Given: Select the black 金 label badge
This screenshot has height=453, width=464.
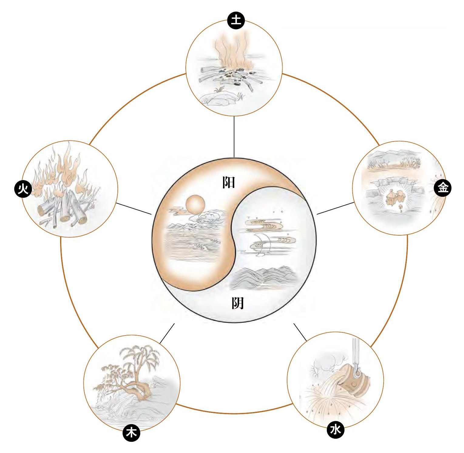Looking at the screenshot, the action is point(443,188).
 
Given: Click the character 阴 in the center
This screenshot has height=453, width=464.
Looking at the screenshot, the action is point(238,302).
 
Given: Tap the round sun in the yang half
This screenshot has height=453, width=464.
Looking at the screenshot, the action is point(195,204).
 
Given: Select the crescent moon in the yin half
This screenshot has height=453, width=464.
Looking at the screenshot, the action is point(258,244).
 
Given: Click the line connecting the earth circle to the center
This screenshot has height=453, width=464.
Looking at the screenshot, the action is point(234,136).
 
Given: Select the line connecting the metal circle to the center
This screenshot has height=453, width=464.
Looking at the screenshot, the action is point(335,208).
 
